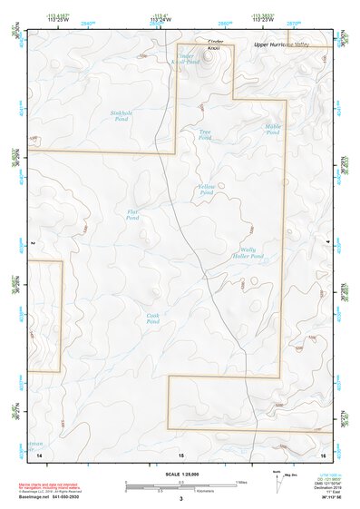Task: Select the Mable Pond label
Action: click(273, 129)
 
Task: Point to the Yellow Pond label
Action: click(206, 190)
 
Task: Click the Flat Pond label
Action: click(132, 215)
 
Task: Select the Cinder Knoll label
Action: click(215, 44)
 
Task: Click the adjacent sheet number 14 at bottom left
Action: click(40, 452)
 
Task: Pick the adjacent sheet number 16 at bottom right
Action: click(322, 452)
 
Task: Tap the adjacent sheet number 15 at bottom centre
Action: click(180, 453)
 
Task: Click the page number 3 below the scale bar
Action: click(180, 498)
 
